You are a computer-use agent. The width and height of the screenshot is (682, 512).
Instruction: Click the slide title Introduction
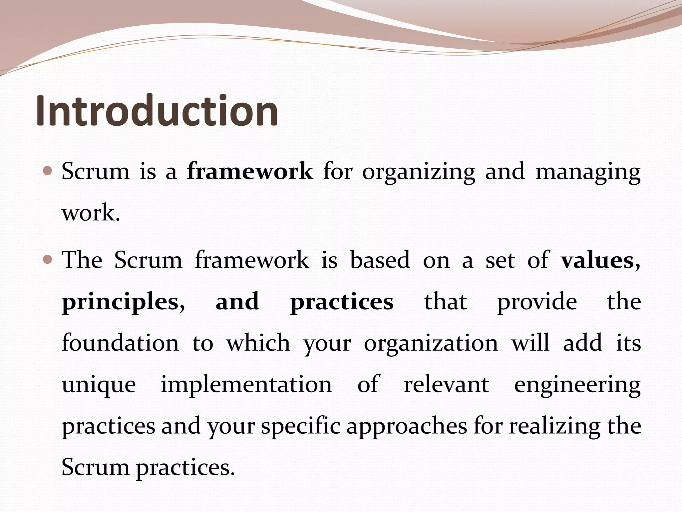coord(157,111)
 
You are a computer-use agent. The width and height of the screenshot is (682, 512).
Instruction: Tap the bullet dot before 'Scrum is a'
coord(48,171)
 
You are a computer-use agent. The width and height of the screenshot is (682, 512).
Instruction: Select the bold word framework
coord(250,171)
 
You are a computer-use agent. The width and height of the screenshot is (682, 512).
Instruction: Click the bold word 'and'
coord(237,301)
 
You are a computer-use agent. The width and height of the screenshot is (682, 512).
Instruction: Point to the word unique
coord(99,385)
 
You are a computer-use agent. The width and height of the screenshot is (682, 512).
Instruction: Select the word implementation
coord(246,385)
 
